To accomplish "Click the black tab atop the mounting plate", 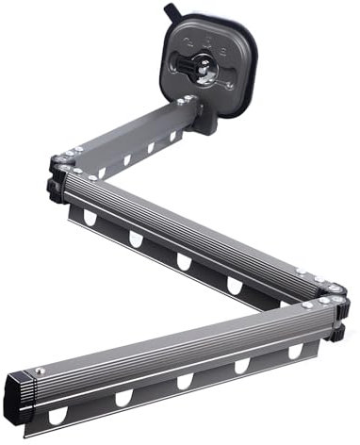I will (172, 11).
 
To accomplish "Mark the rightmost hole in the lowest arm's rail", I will (295, 351).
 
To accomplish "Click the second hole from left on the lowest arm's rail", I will (123, 398).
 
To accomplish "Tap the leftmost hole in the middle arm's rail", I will (90, 218).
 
